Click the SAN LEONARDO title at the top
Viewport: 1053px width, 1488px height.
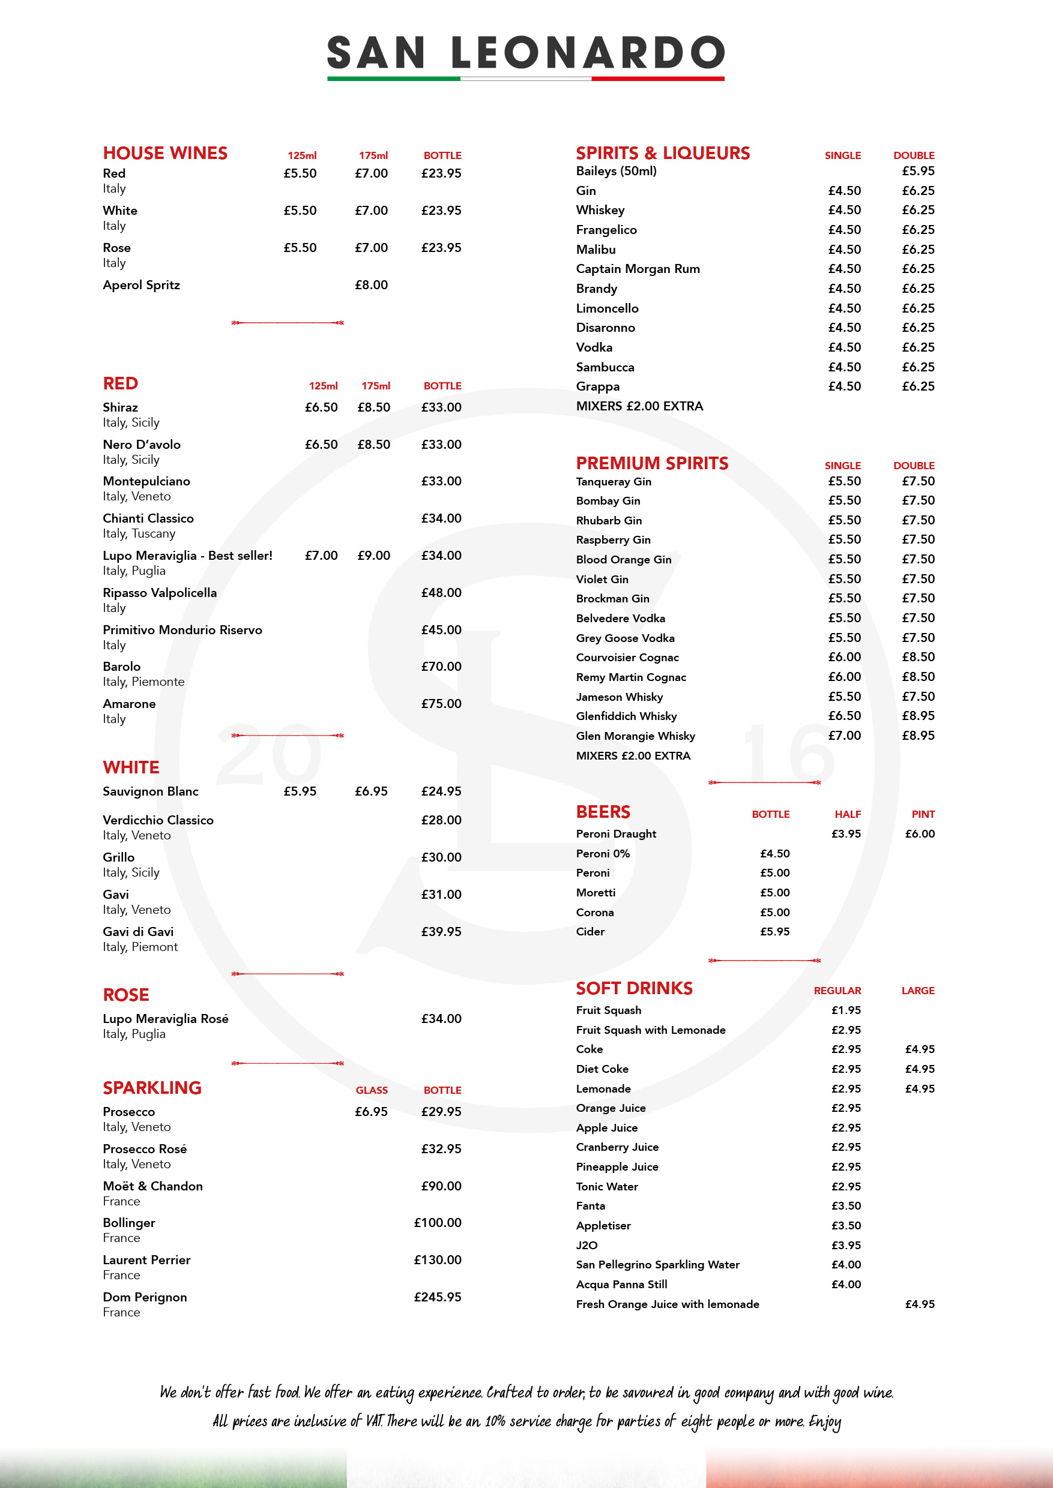[526, 53]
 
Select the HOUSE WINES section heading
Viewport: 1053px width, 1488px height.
[164, 154]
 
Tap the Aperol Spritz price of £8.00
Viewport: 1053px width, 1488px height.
[371, 285]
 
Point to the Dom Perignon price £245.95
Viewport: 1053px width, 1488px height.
[438, 1297]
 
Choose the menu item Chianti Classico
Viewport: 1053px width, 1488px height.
[148, 518]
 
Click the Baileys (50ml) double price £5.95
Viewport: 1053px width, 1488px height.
[918, 171]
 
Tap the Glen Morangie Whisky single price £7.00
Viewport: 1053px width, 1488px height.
[844, 736]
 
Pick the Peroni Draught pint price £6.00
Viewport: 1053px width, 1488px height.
[920, 834]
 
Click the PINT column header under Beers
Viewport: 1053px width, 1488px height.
[923, 815]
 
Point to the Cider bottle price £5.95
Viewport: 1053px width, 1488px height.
[775, 932]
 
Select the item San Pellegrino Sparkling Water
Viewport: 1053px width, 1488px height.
[657, 1264]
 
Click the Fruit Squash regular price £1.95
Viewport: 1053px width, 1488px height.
[846, 1010]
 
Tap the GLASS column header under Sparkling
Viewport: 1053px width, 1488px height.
[372, 1091]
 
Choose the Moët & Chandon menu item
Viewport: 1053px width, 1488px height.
[152, 1186]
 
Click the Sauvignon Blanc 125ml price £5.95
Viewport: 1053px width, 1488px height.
[300, 791]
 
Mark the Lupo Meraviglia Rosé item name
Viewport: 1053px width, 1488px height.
[165, 1019]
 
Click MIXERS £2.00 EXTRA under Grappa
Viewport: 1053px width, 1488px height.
[639, 406]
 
